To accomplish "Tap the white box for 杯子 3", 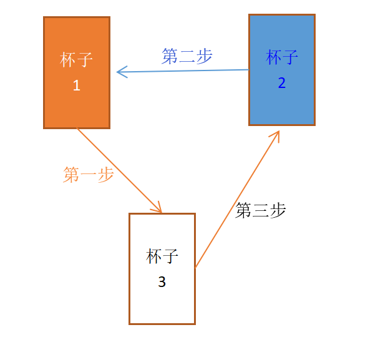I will [x=162, y=306].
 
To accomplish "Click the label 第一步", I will [x=89, y=174].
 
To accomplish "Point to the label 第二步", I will [x=187, y=56].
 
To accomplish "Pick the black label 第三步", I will [x=261, y=211].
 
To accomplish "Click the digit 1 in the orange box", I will [x=77, y=86].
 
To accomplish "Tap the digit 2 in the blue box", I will [x=282, y=83].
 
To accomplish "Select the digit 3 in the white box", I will [x=162, y=282].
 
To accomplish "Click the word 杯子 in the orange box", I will [x=77, y=61].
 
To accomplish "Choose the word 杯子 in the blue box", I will [x=282, y=58].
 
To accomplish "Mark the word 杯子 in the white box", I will [x=162, y=256].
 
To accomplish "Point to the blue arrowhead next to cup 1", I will [x=121, y=72].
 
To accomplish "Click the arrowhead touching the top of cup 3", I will [x=158, y=208].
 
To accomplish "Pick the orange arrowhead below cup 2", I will [x=276, y=134].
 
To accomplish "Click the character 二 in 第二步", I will [x=187, y=56].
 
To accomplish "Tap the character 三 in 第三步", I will [x=261, y=211].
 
